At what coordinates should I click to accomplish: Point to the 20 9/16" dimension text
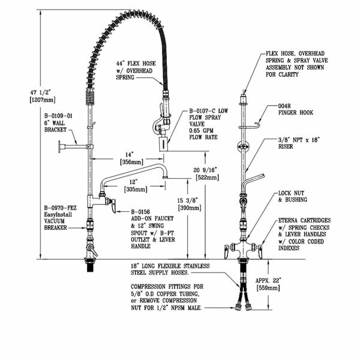click(x=206, y=170)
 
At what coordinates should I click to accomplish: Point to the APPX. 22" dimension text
click(x=267, y=279)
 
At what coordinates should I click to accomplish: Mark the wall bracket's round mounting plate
click(x=61, y=146)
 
